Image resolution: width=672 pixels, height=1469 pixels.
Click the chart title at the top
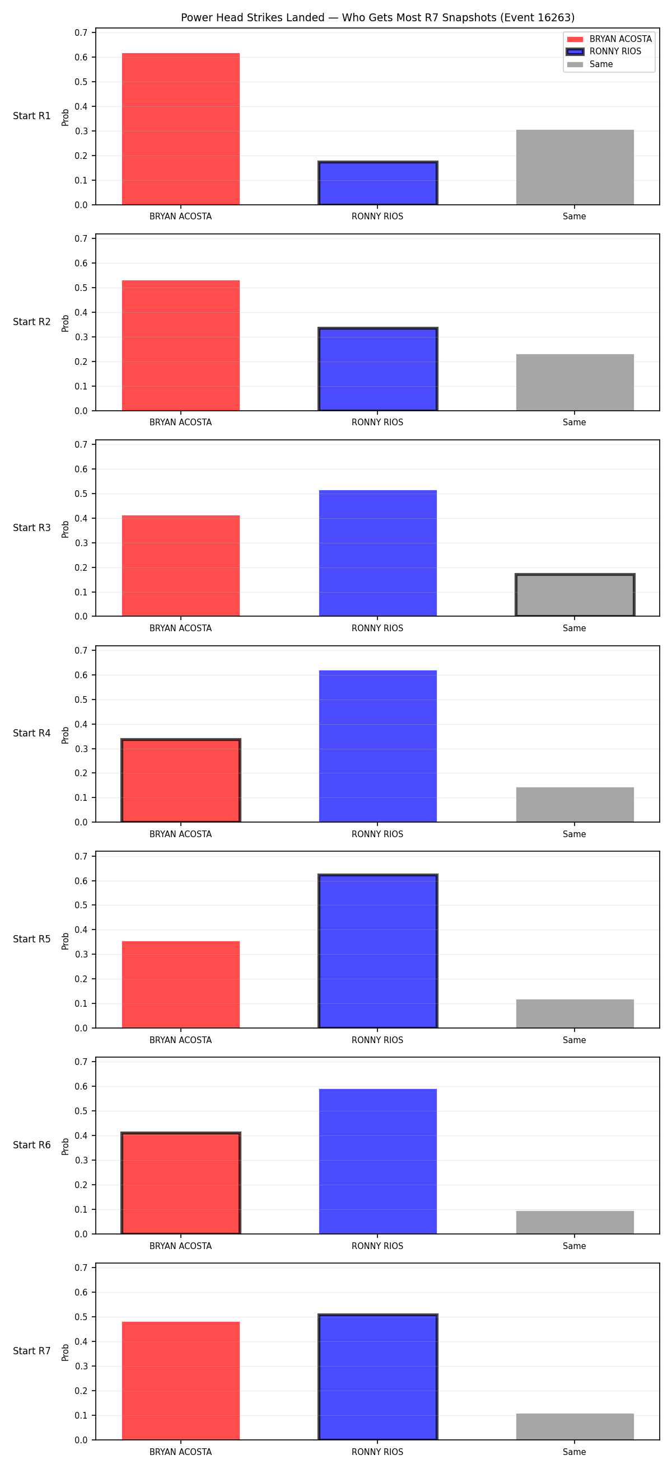[377, 18]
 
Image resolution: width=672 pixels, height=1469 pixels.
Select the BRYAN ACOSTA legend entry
[609, 39]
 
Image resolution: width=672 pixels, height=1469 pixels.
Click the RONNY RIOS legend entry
[604, 51]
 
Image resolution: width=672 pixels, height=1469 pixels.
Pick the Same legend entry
[590, 64]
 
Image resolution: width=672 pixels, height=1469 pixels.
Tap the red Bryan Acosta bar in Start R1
[181, 129]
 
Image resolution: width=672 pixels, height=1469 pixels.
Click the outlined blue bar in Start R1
[377, 183]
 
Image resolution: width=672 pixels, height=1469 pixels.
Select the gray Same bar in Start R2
[575, 383]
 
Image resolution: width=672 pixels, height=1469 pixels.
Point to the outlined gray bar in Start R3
[575, 595]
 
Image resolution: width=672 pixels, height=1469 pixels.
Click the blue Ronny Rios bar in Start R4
[377, 747]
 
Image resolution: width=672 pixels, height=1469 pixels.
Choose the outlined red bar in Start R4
[181, 781]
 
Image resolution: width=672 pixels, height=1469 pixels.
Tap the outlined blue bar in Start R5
[377, 951]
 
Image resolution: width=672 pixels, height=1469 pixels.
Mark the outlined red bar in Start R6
[181, 1183]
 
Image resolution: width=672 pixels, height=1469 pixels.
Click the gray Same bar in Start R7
[575, 1427]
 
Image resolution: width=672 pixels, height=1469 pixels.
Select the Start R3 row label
[32, 528]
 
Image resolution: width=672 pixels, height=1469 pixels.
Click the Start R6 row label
[32, 1145]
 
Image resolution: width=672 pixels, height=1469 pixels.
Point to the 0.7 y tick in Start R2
[81, 238]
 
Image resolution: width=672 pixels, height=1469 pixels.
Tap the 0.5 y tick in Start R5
[81, 905]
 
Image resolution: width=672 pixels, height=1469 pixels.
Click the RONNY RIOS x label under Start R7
[377, 1452]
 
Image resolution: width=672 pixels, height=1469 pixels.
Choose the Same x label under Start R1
[575, 217]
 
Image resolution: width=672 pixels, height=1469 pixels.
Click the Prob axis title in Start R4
[66, 735]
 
